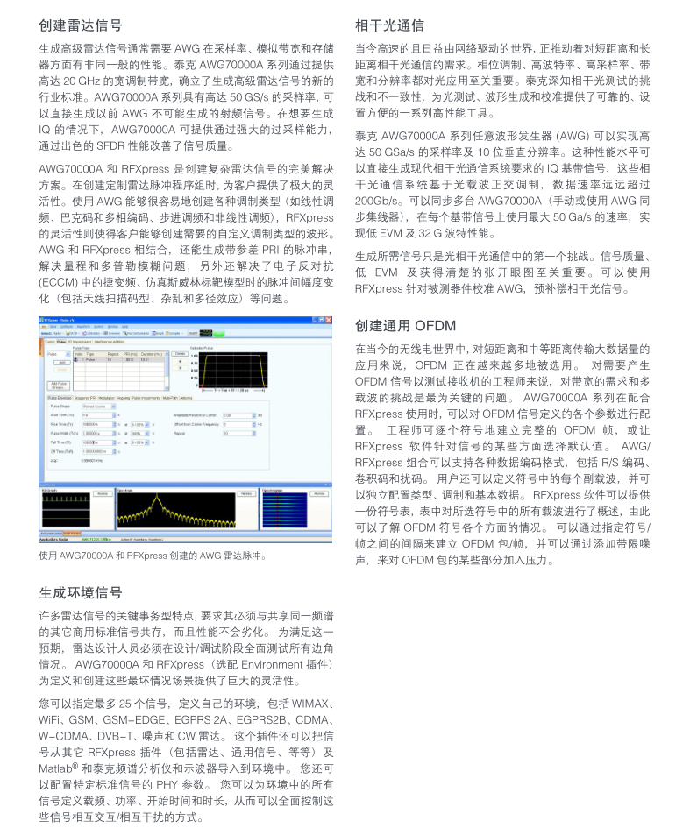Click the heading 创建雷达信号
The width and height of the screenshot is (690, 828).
[x=81, y=25]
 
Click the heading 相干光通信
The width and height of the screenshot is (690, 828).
[x=389, y=25]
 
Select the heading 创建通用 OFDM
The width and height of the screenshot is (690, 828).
[x=405, y=326]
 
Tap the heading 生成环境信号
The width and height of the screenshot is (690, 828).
[x=81, y=592]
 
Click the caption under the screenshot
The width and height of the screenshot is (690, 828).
[x=153, y=556]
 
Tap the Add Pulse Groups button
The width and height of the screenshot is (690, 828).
[x=60, y=385]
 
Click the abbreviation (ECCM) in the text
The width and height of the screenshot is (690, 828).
[x=57, y=283]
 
